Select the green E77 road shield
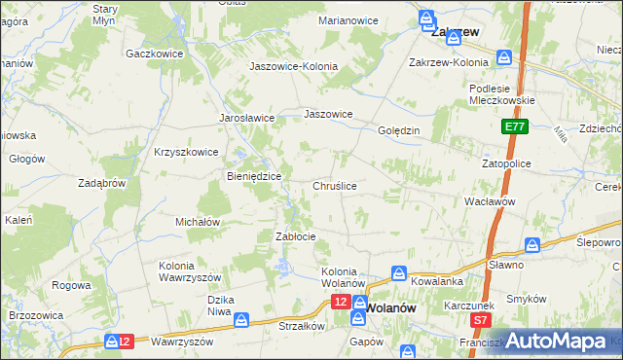(515, 127)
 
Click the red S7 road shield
(479, 319)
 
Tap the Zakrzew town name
(455, 31)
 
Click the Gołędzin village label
(398, 130)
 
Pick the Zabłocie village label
(296, 236)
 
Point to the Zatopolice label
(506, 164)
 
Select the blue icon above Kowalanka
(398, 273)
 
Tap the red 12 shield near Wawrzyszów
(119, 341)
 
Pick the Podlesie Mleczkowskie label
(497, 93)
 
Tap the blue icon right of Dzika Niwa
(240, 319)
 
